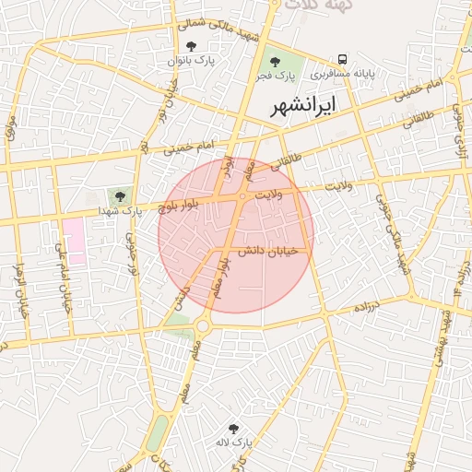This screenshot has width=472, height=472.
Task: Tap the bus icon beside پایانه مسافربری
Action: (343, 58)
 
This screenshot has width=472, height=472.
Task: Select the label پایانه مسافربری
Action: (343, 73)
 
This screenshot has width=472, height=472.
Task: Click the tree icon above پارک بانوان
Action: (191, 46)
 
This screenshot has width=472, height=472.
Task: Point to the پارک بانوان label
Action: (191, 60)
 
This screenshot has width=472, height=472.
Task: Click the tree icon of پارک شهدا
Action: (119, 195)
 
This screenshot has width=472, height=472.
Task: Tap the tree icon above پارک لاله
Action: (233, 429)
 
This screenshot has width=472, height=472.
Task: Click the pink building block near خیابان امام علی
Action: (73, 241)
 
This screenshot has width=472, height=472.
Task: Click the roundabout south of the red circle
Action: (202, 324)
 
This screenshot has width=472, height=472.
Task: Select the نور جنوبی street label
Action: (131, 254)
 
